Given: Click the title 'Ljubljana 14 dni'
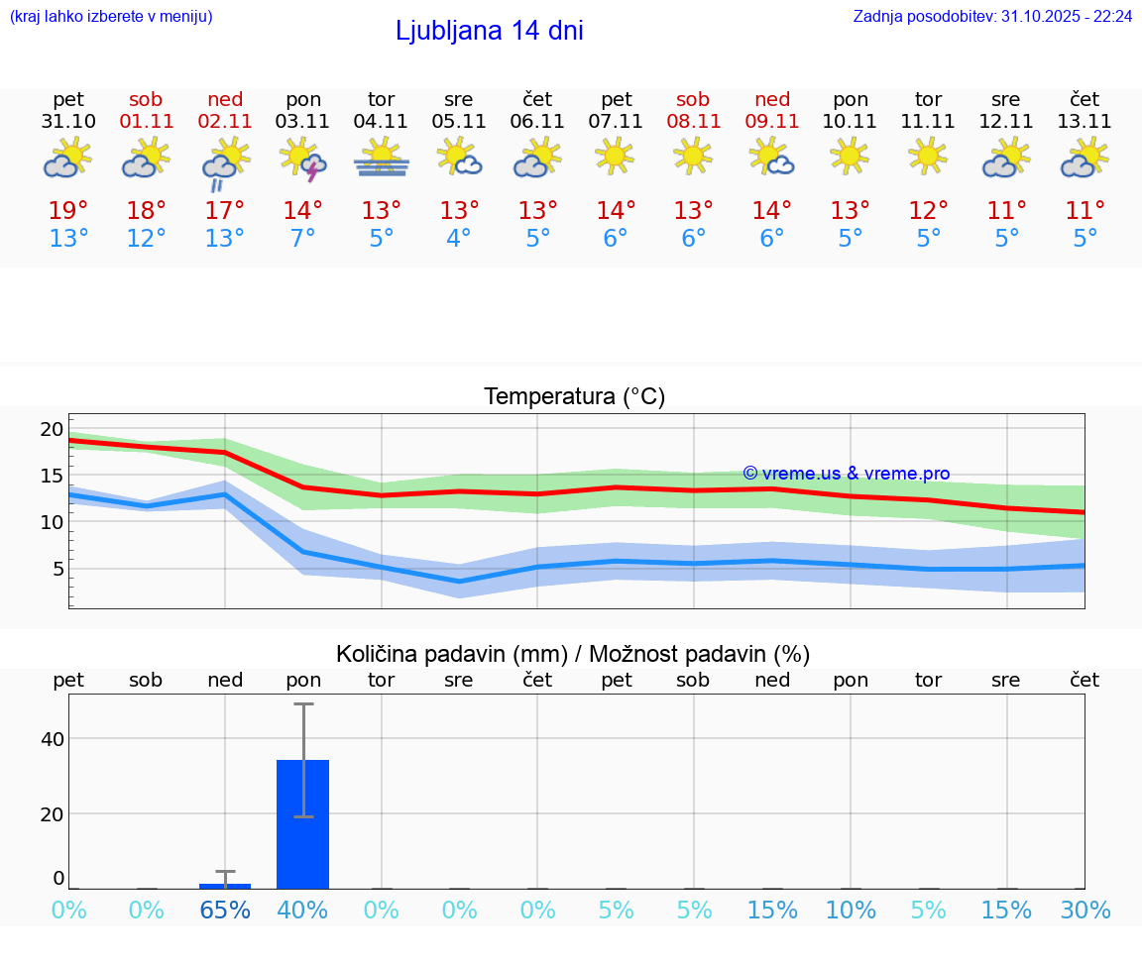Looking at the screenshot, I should (x=489, y=31).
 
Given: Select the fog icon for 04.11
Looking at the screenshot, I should (x=382, y=159).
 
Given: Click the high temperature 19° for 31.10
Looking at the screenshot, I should (x=68, y=211).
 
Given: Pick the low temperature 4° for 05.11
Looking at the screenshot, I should (x=459, y=239).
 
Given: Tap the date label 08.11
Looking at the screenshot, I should (x=693, y=122).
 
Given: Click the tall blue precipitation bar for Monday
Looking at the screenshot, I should (x=302, y=824).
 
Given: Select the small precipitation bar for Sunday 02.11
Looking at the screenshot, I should (x=225, y=886).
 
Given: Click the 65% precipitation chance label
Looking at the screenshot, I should (x=225, y=911).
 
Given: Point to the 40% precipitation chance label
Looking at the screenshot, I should (x=302, y=911).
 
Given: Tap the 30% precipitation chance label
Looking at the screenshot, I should (x=1085, y=911).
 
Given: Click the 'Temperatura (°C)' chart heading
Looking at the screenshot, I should (x=574, y=397).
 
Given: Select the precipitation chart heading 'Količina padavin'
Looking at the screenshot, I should (x=573, y=654).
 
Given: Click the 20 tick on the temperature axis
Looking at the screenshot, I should (x=52, y=429).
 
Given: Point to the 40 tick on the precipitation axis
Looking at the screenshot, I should (x=52, y=739).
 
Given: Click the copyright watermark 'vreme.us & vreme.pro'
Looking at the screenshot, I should (x=846, y=474).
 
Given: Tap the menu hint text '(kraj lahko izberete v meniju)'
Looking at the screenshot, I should (x=111, y=17).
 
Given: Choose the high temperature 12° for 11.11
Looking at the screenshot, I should (x=928, y=211).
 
